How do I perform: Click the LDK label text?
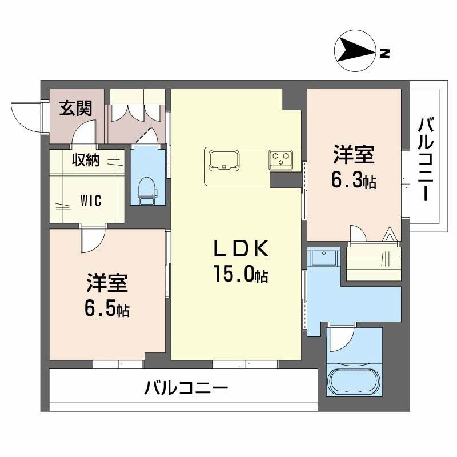tap(240, 249)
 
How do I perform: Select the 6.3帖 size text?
tap(353, 181)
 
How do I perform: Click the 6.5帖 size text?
tap(106, 309)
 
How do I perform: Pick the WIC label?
tap(90, 201)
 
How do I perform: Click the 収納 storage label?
tap(85, 161)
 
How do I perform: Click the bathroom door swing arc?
tap(342, 339)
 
